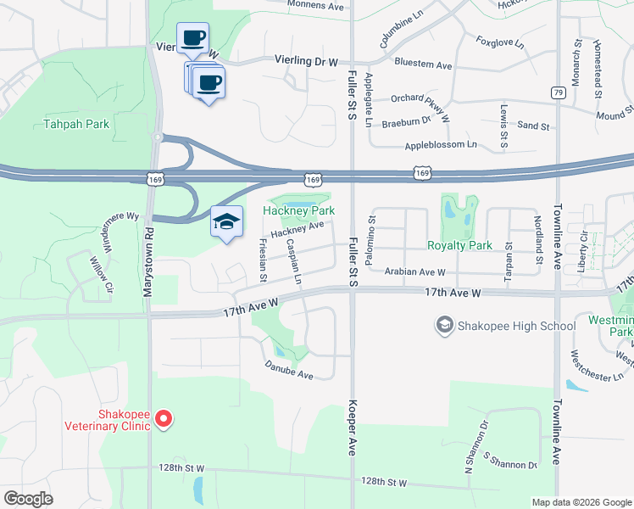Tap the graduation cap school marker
point(226,222)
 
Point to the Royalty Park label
point(459,246)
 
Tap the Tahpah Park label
point(77,125)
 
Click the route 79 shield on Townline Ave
point(558,92)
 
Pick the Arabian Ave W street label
point(414,272)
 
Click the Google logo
point(29,499)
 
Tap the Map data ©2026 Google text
point(581,502)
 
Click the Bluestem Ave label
point(424,64)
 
